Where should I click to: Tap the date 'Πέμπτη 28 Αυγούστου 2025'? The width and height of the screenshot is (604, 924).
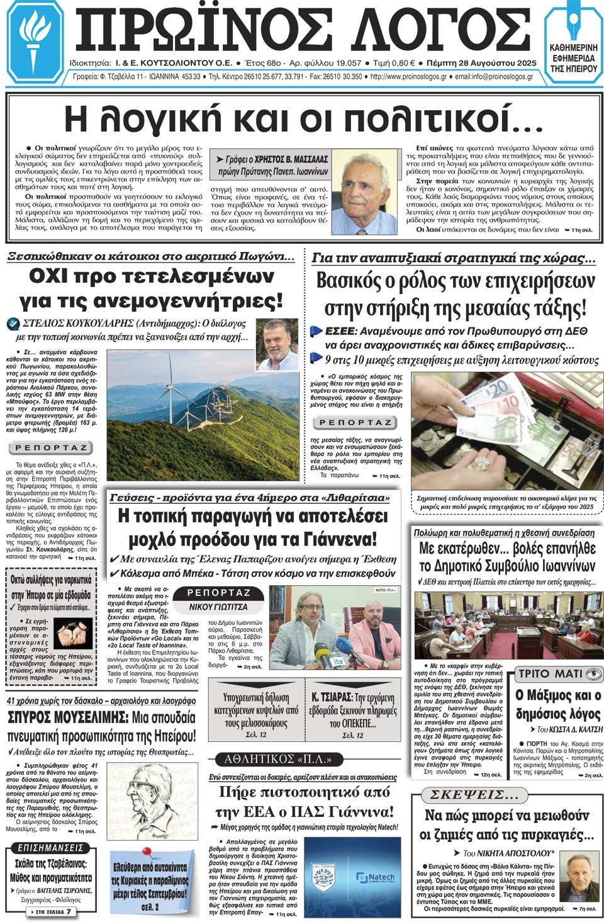click(x=481, y=63)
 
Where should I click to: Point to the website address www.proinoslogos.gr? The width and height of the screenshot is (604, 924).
click(x=409, y=77)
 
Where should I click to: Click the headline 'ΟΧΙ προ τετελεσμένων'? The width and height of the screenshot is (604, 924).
click(x=151, y=277)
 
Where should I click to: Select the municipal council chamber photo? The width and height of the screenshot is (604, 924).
click(x=508, y=625)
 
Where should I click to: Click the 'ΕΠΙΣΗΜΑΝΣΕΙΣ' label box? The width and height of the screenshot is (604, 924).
click(x=50, y=848)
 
